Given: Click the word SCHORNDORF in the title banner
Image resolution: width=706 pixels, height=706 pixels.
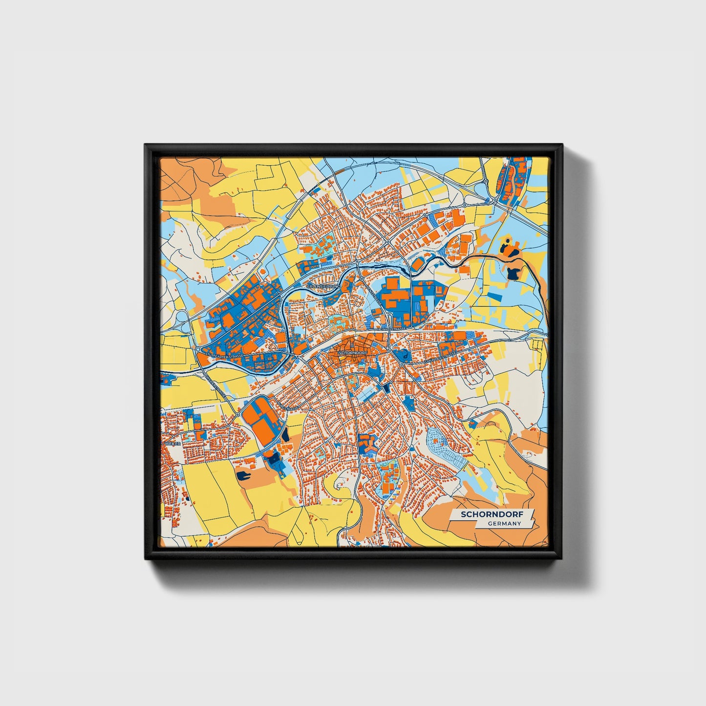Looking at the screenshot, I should tap(491, 514).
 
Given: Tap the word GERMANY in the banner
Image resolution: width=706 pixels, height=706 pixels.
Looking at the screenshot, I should tap(504, 524).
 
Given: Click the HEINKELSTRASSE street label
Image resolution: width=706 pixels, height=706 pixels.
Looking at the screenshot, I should tap(391, 330).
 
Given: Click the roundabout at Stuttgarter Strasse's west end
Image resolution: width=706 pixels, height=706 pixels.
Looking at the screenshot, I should tap(197, 350).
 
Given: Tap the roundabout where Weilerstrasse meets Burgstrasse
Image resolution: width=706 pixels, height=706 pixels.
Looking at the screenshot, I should tap(238, 414).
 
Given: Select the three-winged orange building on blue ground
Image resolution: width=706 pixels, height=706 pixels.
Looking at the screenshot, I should tap(366, 442).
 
